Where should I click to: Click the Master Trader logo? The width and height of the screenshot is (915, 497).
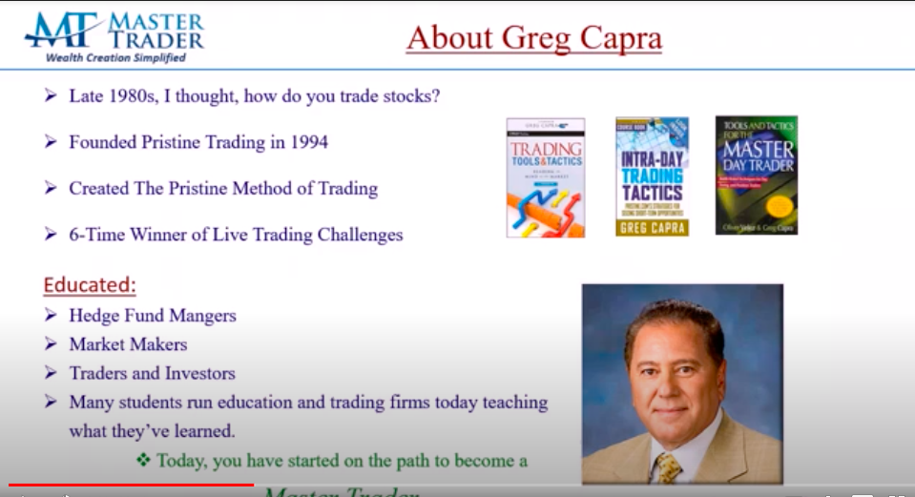[113, 36]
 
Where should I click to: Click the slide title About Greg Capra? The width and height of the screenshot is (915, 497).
[533, 38]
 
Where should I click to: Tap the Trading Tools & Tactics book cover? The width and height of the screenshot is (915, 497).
[545, 177]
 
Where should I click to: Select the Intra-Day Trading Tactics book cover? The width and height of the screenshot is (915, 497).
[652, 176]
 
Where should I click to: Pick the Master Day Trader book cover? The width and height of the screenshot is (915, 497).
[757, 175]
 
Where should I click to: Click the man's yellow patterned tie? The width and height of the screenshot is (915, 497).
[667, 466]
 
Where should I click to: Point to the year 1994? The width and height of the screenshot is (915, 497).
[307, 142]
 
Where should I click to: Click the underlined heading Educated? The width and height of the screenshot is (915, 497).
[90, 285]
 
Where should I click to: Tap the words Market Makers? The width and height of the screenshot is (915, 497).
[128, 344]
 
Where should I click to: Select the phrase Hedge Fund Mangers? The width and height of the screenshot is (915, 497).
[152, 315]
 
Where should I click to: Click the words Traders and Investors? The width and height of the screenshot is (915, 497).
[152, 373]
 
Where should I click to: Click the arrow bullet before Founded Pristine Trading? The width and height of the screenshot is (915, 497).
[51, 142]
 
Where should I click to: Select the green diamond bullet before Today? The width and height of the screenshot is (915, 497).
[144, 461]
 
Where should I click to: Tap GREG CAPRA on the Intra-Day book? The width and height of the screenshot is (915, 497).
[652, 227]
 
